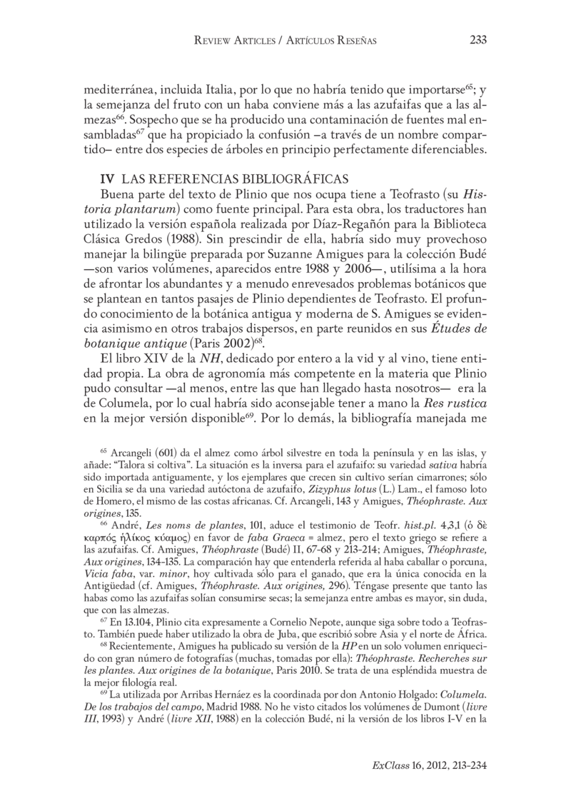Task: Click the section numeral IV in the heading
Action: (x=108, y=178)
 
